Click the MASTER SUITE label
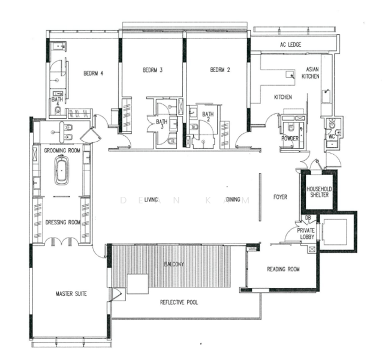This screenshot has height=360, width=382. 71,294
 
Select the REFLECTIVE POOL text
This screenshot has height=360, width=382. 179,302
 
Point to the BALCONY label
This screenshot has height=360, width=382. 174,264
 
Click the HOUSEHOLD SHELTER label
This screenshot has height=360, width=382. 319,192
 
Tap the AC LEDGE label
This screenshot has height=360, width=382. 290,44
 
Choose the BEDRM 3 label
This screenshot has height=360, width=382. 152,70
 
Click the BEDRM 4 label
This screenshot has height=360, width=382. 94,73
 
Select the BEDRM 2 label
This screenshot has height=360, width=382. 220,70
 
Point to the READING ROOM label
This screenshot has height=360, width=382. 283,269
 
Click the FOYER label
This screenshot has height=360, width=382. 280,197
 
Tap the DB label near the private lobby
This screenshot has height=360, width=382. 308,217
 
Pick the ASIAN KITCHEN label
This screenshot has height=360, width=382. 311,73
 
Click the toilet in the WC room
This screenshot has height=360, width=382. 332,124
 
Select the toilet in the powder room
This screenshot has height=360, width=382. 291,127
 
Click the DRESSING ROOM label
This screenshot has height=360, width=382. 63,222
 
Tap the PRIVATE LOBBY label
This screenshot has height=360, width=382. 306,233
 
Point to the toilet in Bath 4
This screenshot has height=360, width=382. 58,110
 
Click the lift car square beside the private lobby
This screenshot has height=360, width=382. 335,231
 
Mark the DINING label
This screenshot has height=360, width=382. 233,199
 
